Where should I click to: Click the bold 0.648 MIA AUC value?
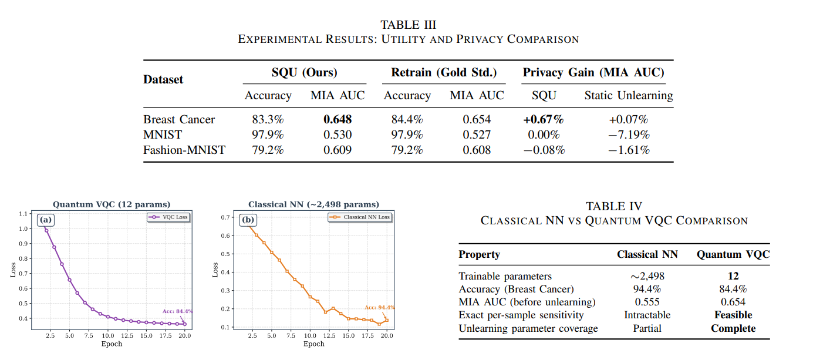[x=338, y=119]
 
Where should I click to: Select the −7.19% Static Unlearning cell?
[x=629, y=134]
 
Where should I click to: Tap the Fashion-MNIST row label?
[x=184, y=150]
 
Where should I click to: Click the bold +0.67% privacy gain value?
[x=544, y=119]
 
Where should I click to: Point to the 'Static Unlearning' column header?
[x=629, y=95]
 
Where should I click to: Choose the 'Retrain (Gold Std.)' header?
[x=444, y=72]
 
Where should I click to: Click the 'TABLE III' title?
[x=409, y=25]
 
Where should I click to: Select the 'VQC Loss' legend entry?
[x=168, y=217]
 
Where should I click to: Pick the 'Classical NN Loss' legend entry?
[x=360, y=217]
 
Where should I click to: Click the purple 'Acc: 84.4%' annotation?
[x=177, y=311]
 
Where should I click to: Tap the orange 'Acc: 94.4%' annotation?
[x=380, y=307]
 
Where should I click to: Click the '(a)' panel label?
[x=46, y=220]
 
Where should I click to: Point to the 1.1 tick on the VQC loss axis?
[x=23, y=214]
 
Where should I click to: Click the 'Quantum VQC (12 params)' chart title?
[x=112, y=204]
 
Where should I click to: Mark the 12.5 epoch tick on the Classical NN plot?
[x=329, y=335]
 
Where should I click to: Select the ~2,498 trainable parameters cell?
[x=647, y=276]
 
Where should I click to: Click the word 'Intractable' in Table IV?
[x=647, y=315]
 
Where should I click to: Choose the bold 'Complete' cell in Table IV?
[x=733, y=328]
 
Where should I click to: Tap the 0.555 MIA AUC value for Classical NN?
[x=647, y=302]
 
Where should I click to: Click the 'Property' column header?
[x=480, y=254]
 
